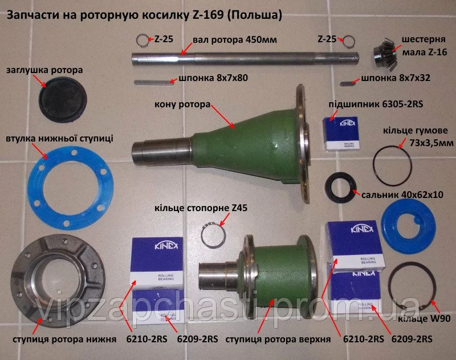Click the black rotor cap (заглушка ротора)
(x=62, y=100)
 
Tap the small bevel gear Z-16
(x=384, y=54)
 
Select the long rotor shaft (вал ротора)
(x=245, y=58)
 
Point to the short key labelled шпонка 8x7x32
(x=348, y=83)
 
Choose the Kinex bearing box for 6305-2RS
(x=341, y=133)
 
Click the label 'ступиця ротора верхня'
(x=278, y=339)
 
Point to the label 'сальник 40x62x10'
(x=402, y=195)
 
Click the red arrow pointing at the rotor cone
(x=223, y=116)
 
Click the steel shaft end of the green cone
(x=161, y=153)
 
